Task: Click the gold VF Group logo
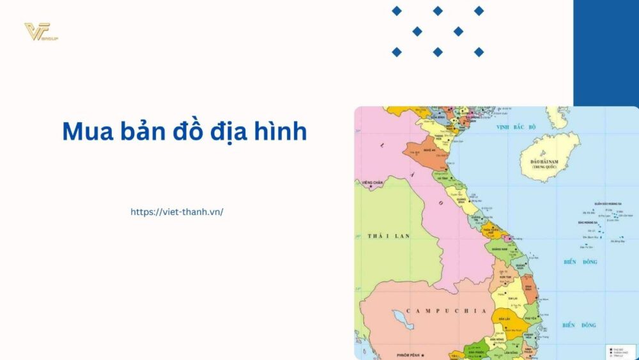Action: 40,31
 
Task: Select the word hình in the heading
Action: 277,132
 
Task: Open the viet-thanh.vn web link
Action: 177,212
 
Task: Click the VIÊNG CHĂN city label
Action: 373,183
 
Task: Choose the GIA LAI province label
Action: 512,298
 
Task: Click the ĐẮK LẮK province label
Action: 504,318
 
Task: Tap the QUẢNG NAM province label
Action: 499,249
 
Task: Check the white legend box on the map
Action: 620,351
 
